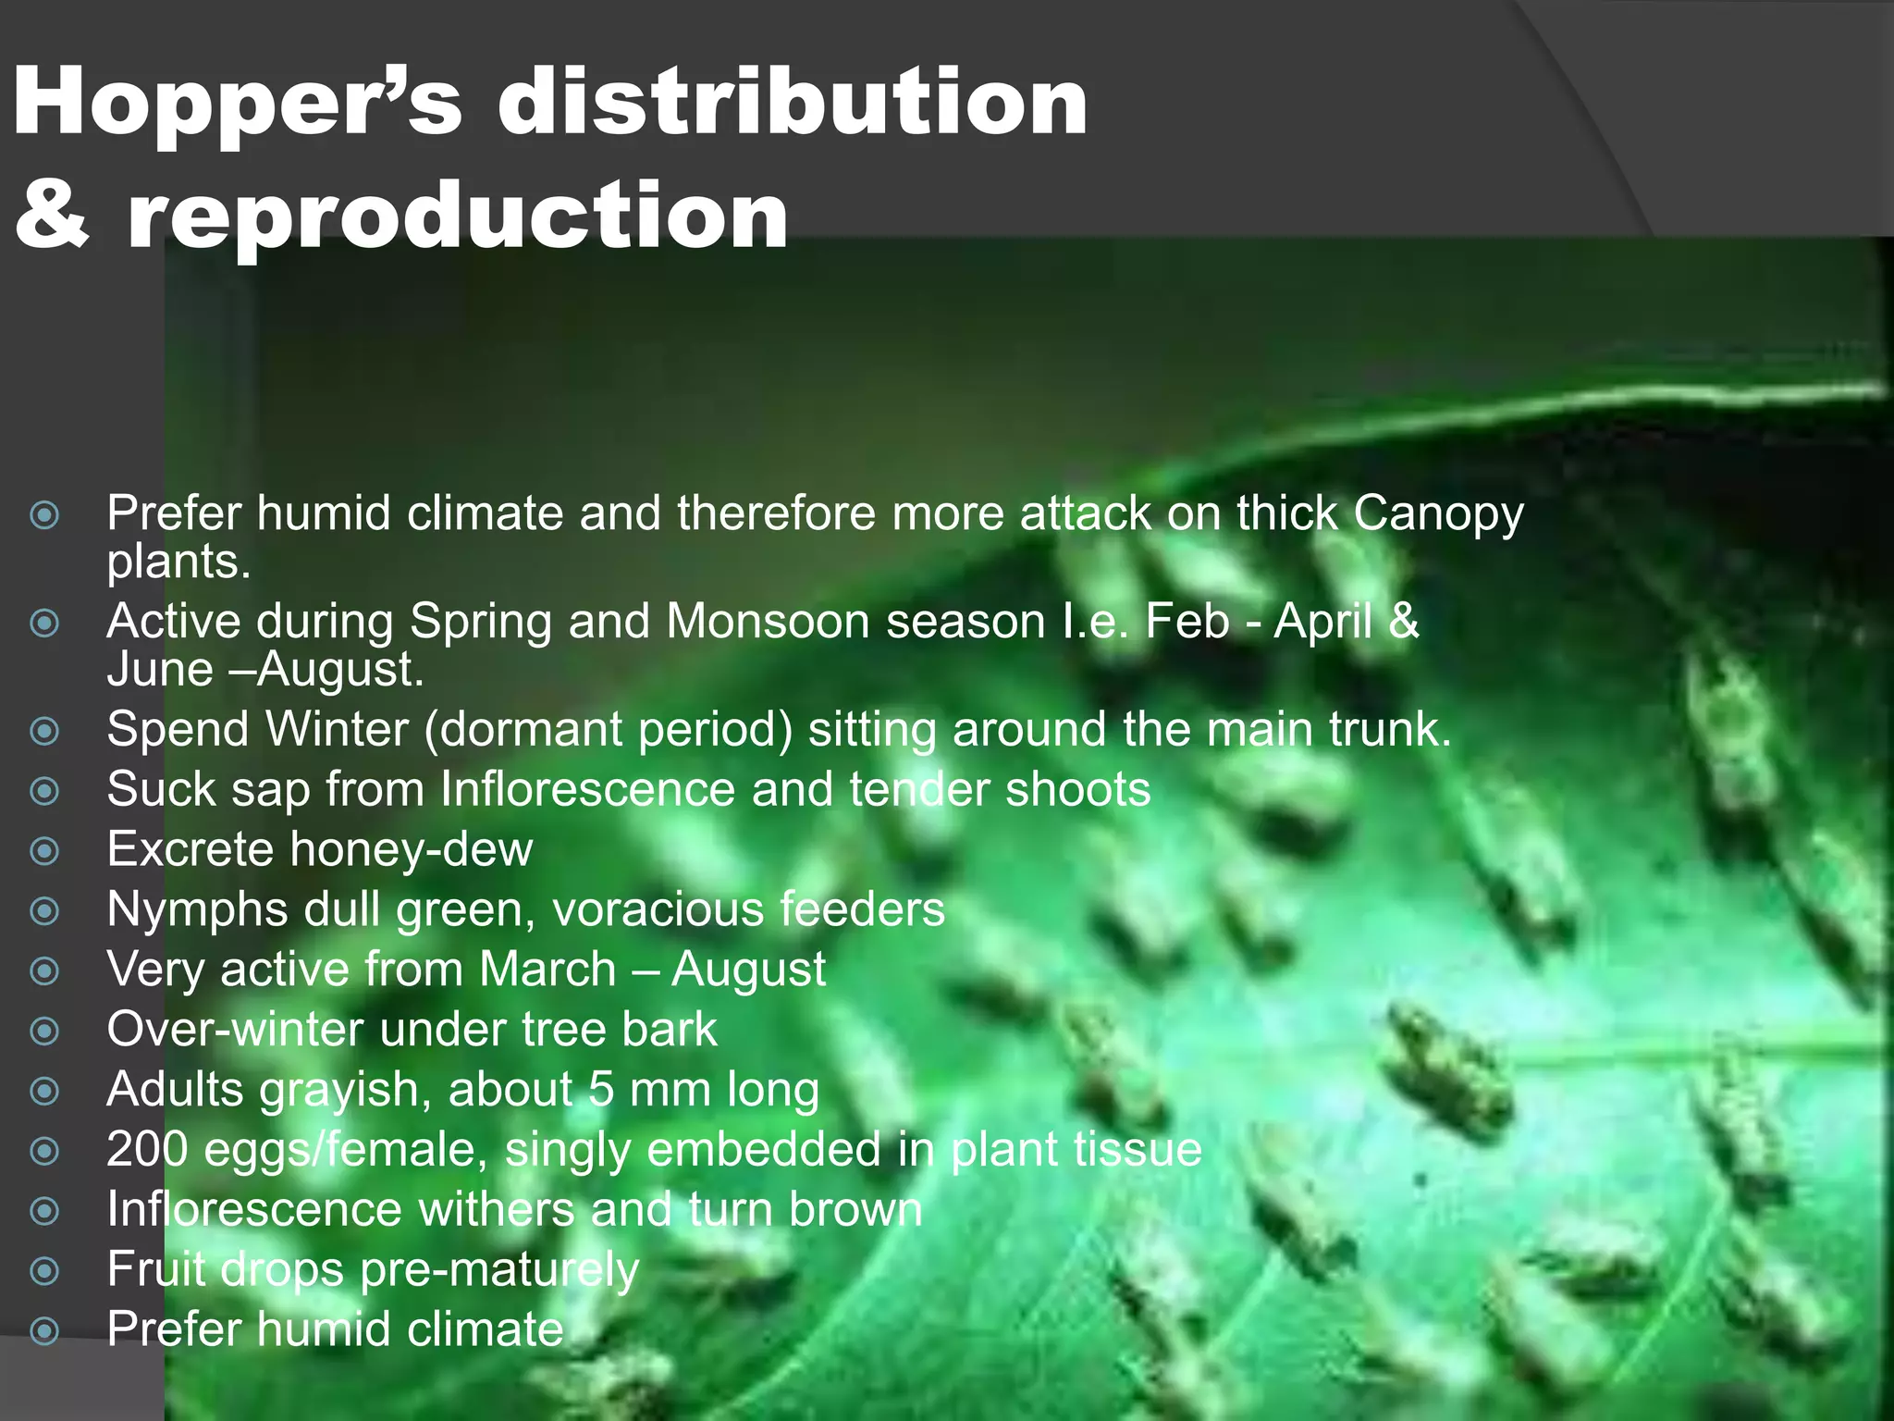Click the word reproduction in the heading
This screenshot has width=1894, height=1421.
(457, 217)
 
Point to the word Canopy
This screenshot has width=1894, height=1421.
(1438, 514)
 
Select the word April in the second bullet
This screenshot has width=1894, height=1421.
(1323, 622)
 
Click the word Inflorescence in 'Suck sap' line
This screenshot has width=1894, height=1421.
(587, 789)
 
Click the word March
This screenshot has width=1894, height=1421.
(547, 970)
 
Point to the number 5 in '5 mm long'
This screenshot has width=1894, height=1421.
(601, 1090)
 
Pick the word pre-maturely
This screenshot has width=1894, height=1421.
(499, 1270)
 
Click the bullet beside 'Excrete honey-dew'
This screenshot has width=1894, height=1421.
(44, 850)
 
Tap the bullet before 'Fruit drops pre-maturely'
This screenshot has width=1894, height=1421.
(44, 1270)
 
